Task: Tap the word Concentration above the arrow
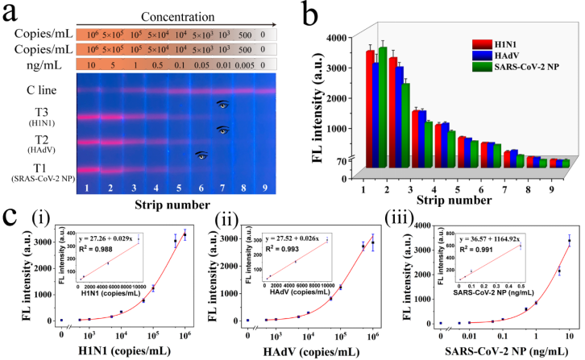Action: point(174,16)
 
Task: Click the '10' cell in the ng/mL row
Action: point(91,65)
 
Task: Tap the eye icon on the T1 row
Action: point(200,156)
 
